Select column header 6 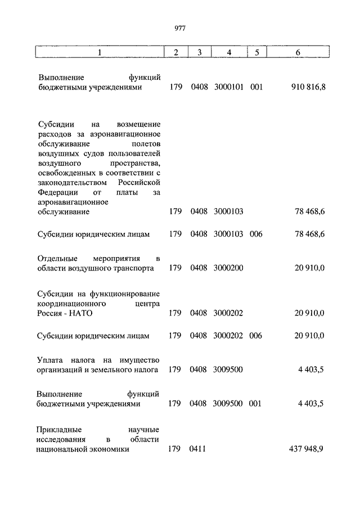(298, 52)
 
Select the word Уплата (51, 359)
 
